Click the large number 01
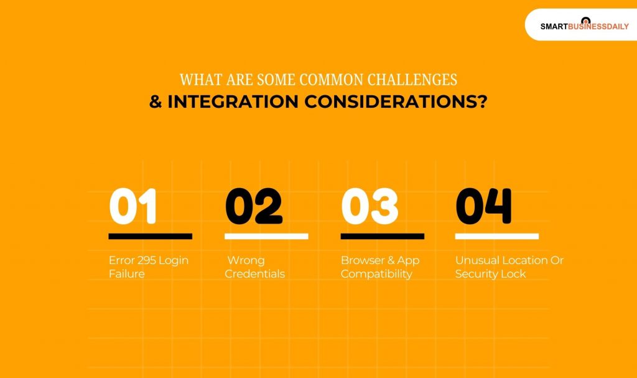(x=133, y=206)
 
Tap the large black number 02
(x=254, y=206)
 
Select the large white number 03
(x=370, y=206)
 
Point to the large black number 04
(x=483, y=206)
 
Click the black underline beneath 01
(x=151, y=237)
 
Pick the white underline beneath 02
(x=266, y=237)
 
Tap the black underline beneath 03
(x=383, y=237)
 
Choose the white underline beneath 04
(x=497, y=237)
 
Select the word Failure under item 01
(x=127, y=274)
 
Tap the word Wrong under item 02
(x=246, y=260)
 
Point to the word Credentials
(x=254, y=274)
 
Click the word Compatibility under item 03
(x=376, y=274)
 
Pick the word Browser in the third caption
(x=357, y=260)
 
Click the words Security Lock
(x=491, y=274)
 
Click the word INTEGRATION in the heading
(x=233, y=102)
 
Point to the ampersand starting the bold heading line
(x=156, y=102)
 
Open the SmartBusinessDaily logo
(x=585, y=26)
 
